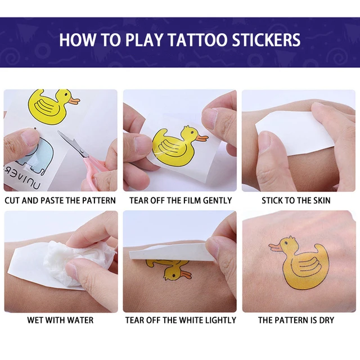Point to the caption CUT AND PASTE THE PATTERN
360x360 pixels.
60,200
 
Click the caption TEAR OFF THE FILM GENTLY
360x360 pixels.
180,200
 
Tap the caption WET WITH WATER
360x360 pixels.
60,320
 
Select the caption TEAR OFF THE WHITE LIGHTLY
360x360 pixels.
180,320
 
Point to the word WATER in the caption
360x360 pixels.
80,320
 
